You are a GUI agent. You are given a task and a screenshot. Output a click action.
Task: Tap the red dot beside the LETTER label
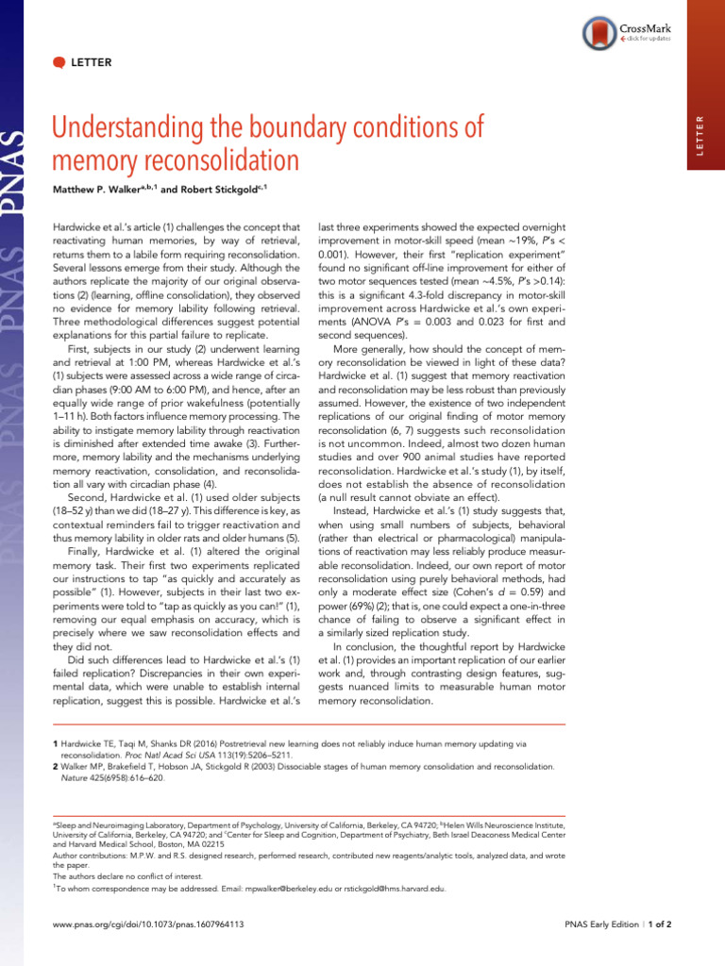click(59, 63)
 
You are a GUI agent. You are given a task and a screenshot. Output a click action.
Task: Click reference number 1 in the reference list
click(56, 745)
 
